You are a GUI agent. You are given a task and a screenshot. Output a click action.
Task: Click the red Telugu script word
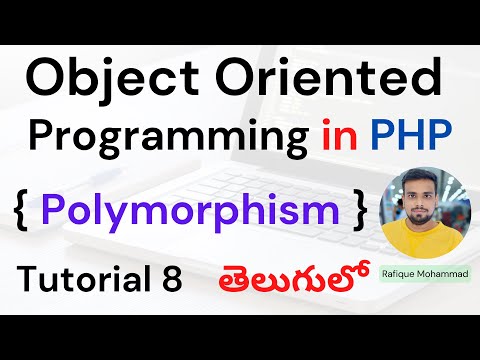(x=285, y=277)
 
